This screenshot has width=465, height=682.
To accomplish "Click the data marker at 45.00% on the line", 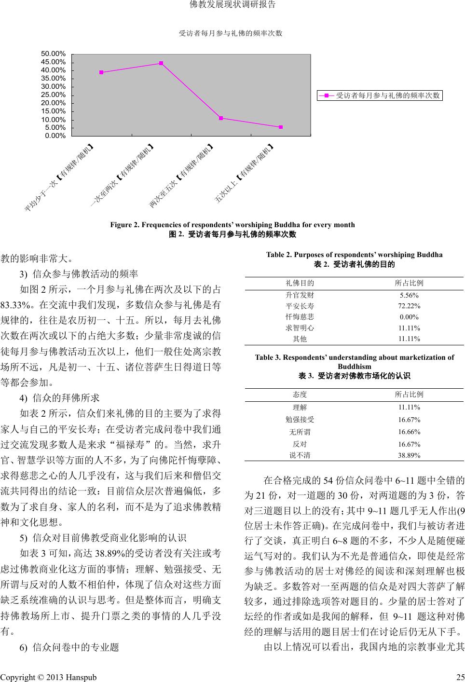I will [161, 63].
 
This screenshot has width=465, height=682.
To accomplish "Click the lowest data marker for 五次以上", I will [281, 127].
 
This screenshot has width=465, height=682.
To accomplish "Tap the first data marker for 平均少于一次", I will [101, 72].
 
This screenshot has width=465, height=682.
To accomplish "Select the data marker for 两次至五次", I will [221, 118].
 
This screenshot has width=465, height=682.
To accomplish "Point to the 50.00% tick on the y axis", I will [54, 54].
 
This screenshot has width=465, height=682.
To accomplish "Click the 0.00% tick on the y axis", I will [55, 136].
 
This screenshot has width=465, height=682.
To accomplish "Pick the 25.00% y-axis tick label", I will [54, 95].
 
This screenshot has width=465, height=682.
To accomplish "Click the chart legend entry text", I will [387, 95].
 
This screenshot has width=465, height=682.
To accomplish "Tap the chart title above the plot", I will [230, 33].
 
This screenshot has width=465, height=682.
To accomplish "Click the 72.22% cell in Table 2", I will [409, 306].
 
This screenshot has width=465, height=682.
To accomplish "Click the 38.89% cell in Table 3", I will [409, 455].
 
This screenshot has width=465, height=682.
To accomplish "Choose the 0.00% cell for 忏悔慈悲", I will [409, 317].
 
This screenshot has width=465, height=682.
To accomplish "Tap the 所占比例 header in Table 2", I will [409, 283].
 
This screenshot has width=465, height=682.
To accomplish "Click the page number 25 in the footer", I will [460, 677].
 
